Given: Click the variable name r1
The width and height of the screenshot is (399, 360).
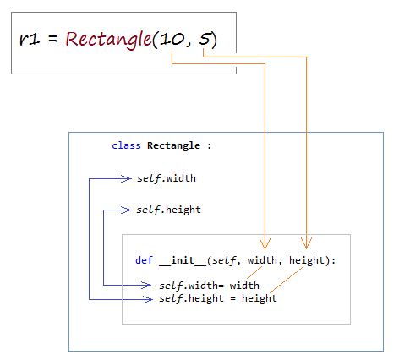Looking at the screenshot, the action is click(x=30, y=39).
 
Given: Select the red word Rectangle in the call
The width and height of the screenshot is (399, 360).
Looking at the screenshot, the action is click(x=109, y=39).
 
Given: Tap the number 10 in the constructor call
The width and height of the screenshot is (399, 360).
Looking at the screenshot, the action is click(x=172, y=39).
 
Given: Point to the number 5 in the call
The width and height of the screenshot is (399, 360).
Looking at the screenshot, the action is click(x=205, y=39).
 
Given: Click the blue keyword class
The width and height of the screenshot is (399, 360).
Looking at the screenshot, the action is click(x=126, y=145).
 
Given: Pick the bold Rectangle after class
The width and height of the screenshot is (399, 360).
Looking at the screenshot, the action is click(x=173, y=145).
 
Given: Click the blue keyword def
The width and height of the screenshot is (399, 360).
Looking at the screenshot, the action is click(x=144, y=260).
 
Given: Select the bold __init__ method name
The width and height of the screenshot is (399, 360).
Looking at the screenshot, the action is click(x=183, y=260).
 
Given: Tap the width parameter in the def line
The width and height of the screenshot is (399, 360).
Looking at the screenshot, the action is click(x=262, y=260).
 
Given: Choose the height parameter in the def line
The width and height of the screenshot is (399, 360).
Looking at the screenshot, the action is click(x=307, y=260).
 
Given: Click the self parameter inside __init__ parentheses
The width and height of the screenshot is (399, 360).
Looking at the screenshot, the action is click(x=224, y=260).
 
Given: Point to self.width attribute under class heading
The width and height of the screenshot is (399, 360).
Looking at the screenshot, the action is click(x=167, y=178).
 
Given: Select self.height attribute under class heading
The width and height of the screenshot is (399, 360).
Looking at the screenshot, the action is click(x=168, y=210).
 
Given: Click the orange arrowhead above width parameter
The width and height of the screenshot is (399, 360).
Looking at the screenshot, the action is click(x=265, y=244).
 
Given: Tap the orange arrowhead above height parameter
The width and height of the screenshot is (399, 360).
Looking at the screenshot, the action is click(x=306, y=243).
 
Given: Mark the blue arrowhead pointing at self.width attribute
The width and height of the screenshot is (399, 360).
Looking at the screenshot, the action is click(x=126, y=178).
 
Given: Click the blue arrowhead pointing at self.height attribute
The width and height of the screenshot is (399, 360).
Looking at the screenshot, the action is click(x=126, y=210).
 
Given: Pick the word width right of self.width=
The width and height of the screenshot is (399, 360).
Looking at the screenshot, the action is click(x=244, y=286).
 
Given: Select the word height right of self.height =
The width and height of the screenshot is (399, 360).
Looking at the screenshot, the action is click(x=260, y=298).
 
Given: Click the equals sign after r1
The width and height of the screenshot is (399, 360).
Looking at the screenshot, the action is click(x=52, y=39).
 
